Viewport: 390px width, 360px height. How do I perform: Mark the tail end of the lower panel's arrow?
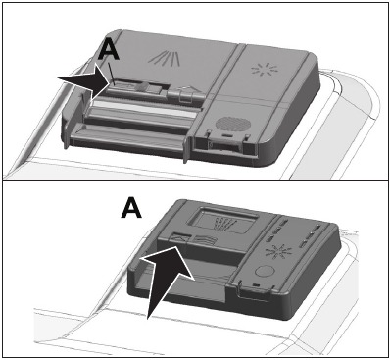point(150,315)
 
